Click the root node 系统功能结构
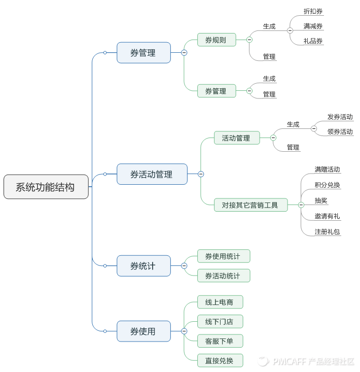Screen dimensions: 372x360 (46, 187)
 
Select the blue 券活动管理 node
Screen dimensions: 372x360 (152, 174)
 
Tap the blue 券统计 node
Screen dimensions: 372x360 (143, 265)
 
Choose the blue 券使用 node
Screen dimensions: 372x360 (143, 331)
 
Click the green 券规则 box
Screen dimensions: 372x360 (217, 40)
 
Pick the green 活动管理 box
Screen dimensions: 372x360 (236, 138)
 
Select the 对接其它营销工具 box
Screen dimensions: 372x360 (250, 205)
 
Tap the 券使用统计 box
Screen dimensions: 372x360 (224, 256)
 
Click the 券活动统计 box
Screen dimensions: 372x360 (224, 276)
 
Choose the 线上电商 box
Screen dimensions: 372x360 (220, 302)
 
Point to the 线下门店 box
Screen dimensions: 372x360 (220, 321)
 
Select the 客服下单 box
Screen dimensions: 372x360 (220, 341)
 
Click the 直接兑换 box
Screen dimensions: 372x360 (220, 360)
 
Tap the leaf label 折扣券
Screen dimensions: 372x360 (313, 11)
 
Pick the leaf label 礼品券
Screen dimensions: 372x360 (313, 41)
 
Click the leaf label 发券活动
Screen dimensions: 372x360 (340, 117)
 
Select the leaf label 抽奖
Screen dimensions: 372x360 (321, 200)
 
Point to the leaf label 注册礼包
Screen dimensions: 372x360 (327, 231)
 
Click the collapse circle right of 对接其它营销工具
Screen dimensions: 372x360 (301, 205)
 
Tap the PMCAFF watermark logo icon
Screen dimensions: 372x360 (262, 361)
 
